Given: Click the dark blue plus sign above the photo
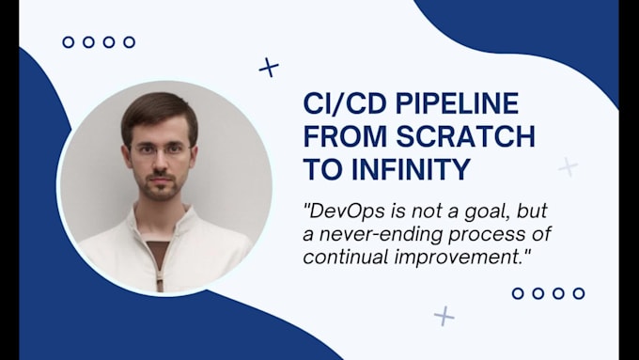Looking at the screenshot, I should point(269,67).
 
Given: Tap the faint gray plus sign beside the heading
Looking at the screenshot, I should point(567,166).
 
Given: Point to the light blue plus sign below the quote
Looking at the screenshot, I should point(444,316).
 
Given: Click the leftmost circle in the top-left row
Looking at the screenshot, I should point(68,41).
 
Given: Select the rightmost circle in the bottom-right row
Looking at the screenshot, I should point(579,293).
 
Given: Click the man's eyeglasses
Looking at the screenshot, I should point(158,149).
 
